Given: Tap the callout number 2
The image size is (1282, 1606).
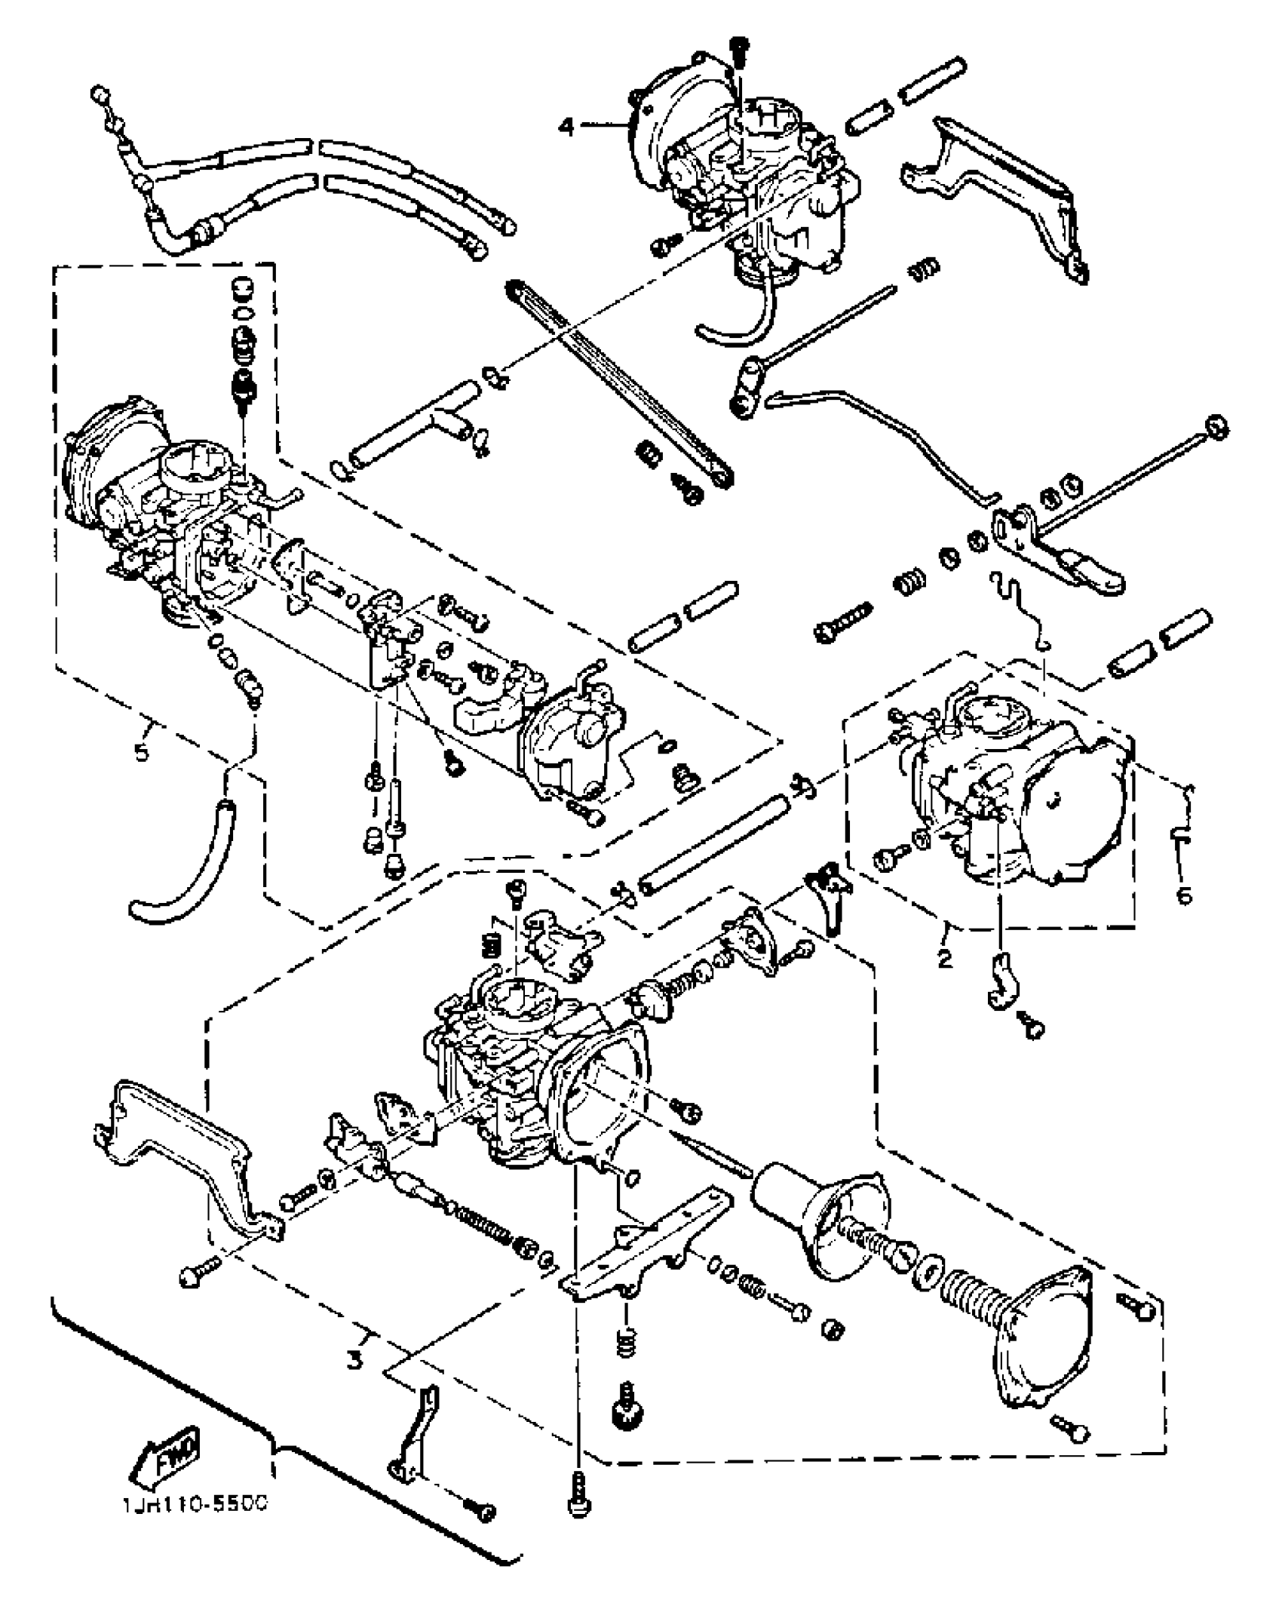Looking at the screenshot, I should point(944,959).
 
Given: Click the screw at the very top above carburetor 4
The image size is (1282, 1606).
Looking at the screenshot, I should point(738,48).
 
